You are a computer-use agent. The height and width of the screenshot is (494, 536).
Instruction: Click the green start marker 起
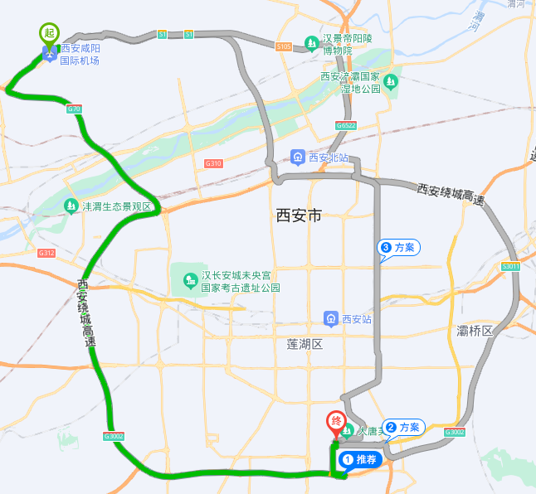pos(49,33)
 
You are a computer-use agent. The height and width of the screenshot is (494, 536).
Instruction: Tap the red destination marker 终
pos(336,422)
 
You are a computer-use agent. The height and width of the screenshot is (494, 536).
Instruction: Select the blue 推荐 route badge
pos(359,459)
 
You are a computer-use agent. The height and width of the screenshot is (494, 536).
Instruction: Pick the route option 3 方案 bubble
pos(398,247)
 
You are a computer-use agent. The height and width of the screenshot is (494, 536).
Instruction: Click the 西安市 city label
pos(298,216)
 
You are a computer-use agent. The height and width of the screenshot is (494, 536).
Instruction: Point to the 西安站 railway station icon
pos(330,319)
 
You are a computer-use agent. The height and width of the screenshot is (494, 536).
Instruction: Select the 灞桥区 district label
pos(475,331)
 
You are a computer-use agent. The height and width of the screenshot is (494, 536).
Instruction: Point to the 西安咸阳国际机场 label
pos(80,55)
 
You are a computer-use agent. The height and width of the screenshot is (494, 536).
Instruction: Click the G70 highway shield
pos(74,109)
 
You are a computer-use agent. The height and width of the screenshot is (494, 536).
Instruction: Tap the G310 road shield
pos(213,164)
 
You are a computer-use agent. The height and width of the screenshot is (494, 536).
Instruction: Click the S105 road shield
pos(284,47)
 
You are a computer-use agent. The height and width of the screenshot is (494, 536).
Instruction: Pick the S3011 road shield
pos(510,266)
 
